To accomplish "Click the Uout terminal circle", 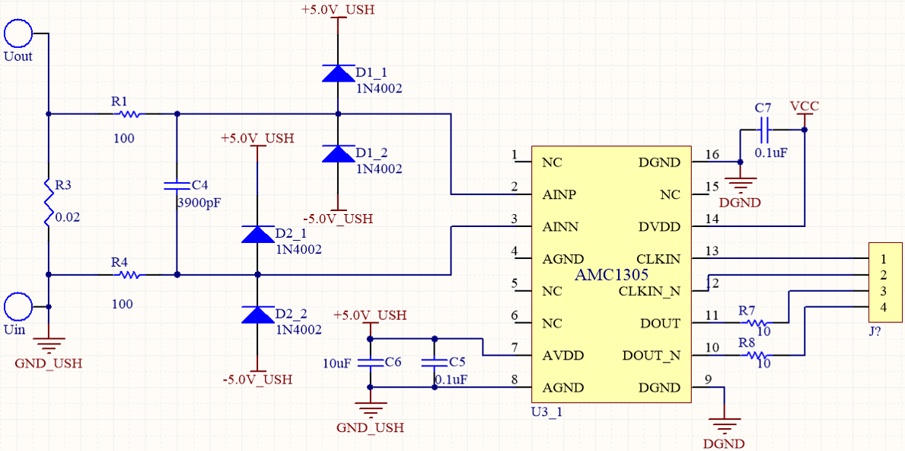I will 18,34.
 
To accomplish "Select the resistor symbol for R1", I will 128,114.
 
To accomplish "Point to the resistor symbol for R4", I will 128,274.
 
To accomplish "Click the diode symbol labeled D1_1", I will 337,73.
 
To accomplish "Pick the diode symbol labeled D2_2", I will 257,315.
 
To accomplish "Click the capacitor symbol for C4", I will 177,184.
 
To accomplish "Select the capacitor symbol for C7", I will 766,130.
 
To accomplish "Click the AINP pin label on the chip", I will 559,194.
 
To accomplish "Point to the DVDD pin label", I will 659,227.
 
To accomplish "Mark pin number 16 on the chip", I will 712,155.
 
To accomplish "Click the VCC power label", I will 805,106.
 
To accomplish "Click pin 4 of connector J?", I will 884,307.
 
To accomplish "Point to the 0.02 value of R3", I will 68,216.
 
